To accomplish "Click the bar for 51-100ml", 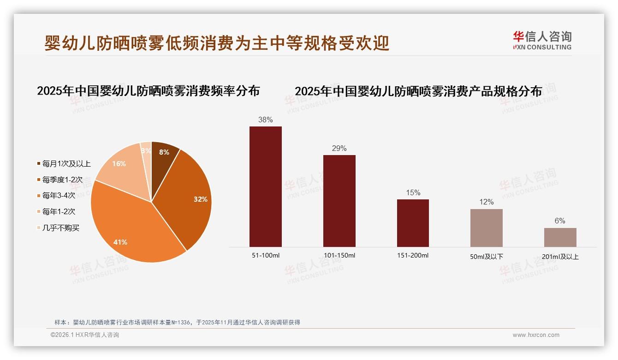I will click(x=265, y=186).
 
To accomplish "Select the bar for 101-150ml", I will click(x=339, y=201).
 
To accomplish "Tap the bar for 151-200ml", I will click(x=413, y=223).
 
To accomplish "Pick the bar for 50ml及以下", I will click(x=486, y=228).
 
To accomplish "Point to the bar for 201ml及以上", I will click(x=560, y=237).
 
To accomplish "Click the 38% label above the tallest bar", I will click(x=265, y=120).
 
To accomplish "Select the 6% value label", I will click(x=560, y=221).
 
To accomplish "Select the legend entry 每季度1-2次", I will click(x=62, y=180).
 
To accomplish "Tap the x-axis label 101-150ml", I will click(x=339, y=256).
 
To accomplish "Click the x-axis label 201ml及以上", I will click(x=560, y=257).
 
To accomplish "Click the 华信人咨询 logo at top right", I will click(x=542, y=41).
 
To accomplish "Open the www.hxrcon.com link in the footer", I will click(x=536, y=335).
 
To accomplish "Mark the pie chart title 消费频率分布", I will click(x=148, y=91).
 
